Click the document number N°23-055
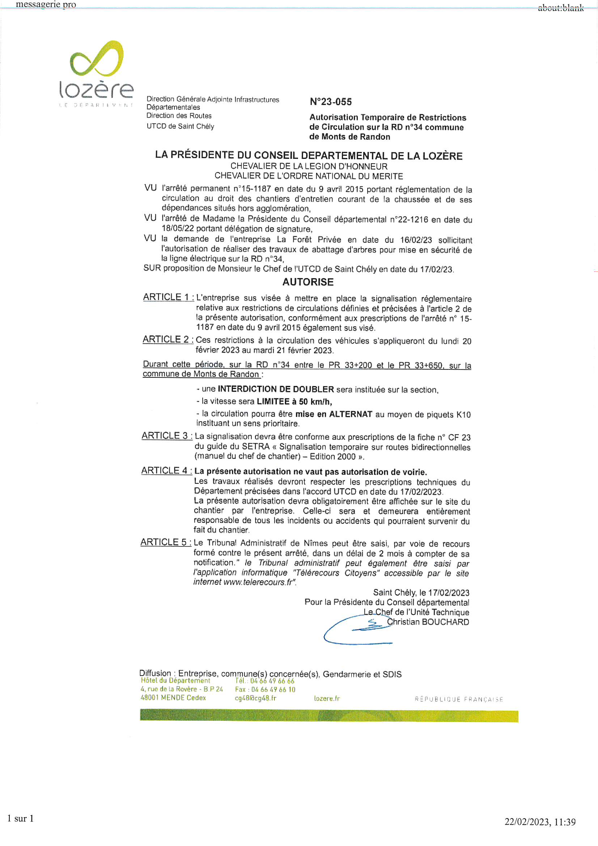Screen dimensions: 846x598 (331, 102)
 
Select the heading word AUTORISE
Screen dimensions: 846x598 (308, 282)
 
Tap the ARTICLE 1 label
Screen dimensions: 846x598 (168, 297)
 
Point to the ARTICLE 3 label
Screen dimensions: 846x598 (166, 436)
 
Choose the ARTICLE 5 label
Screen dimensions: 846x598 (165, 542)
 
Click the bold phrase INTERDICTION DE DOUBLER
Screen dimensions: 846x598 (276, 389)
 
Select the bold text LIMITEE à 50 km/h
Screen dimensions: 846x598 (294, 401)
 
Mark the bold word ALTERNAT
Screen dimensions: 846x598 (351, 414)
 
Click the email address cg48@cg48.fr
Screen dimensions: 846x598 (255, 698)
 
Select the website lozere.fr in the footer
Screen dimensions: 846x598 (327, 698)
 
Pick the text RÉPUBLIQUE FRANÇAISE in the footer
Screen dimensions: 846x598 (459, 699)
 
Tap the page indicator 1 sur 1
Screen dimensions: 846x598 (21, 818)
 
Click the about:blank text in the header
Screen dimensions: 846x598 (560, 8)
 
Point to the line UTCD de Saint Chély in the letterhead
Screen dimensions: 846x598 (180, 126)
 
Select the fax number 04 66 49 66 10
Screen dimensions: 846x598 (273, 689)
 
